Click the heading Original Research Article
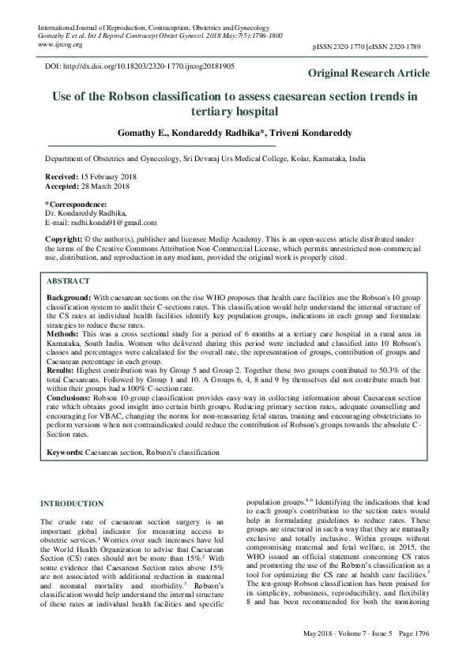point(369,73)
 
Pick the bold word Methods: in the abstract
point(64,334)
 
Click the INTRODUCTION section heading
point(71,503)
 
